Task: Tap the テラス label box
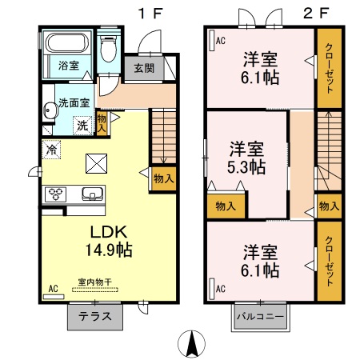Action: [94, 316]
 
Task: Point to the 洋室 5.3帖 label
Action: [246, 158]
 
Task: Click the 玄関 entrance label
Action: [143, 68]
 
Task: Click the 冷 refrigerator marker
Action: [51, 149]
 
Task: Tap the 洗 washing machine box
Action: [82, 125]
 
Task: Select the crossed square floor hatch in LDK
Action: [96, 163]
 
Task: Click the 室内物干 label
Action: [94, 282]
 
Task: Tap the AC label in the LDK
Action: [54, 289]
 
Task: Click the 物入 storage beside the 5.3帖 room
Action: [226, 206]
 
